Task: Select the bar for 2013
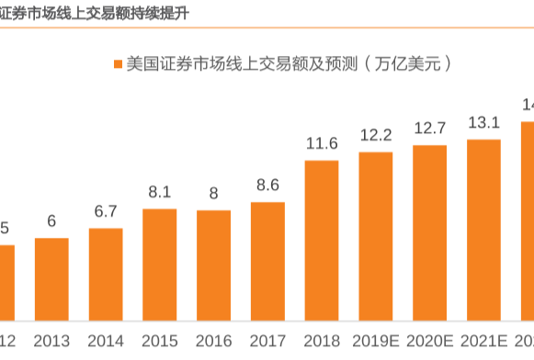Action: click(51, 279)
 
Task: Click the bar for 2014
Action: click(106, 275)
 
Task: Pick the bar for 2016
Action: click(213, 265)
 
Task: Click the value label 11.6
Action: click(322, 142)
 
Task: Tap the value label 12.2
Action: click(376, 134)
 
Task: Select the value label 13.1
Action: click(483, 122)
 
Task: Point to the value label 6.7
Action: click(106, 211)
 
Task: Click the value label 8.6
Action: click(267, 185)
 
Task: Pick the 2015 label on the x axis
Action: click(159, 342)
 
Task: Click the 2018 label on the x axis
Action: click(322, 342)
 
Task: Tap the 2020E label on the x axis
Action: click(429, 342)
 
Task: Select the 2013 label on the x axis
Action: click(51, 342)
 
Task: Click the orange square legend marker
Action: click(117, 64)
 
